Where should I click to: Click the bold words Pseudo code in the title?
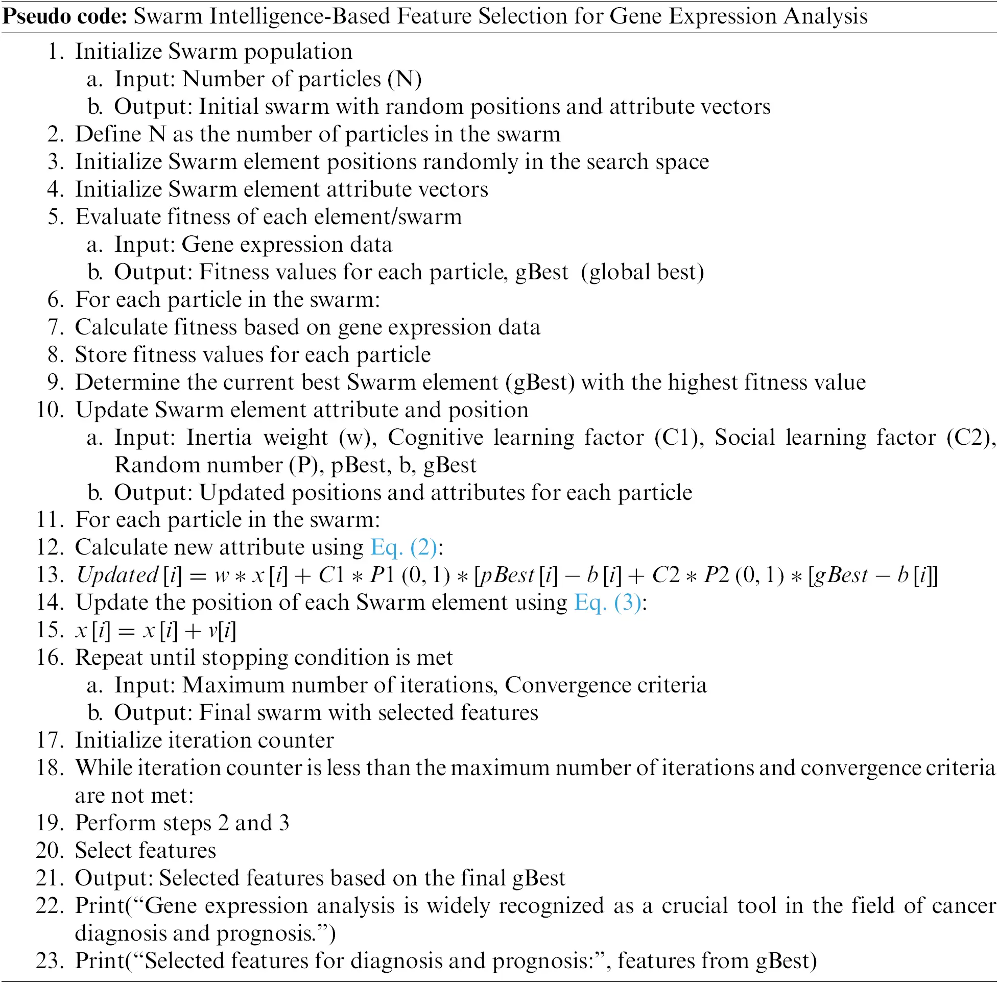pyautogui.click(x=64, y=16)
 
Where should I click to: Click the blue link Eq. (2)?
pyautogui.click(x=403, y=547)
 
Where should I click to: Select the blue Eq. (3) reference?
pyautogui.click(x=607, y=603)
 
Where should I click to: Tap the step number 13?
pyautogui.click(x=50, y=575)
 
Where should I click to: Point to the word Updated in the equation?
pyautogui.click(x=117, y=575)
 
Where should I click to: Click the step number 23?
pyautogui.click(x=50, y=960)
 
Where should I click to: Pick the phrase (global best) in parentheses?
pyautogui.click(x=642, y=272)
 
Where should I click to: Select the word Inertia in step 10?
pyautogui.click(x=219, y=438)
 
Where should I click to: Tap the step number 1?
pyautogui.click(x=55, y=52)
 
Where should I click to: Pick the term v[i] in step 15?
pyautogui.click(x=222, y=630)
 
